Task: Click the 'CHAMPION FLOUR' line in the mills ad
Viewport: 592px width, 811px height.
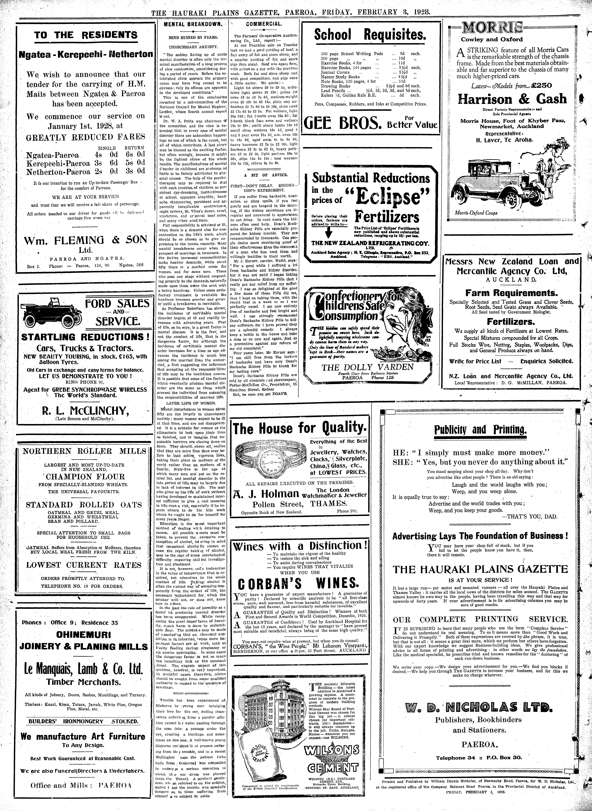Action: (85, 476)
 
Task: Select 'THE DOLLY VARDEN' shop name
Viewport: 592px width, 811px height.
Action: (367, 367)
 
